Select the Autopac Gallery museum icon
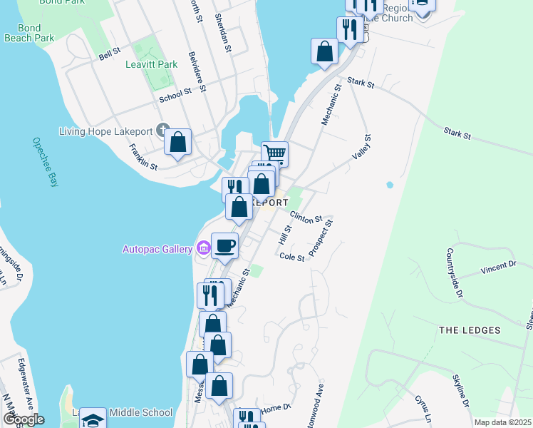[203, 248]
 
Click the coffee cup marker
[225, 245]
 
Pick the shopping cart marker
[274, 153]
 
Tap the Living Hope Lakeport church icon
[163, 131]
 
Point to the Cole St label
[292, 258]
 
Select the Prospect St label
[321, 239]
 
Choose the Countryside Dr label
[455, 273]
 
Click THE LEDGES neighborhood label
[470, 330]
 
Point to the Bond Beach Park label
[29, 32]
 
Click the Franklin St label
[143, 156]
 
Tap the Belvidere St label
[197, 72]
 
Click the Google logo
[23, 419]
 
